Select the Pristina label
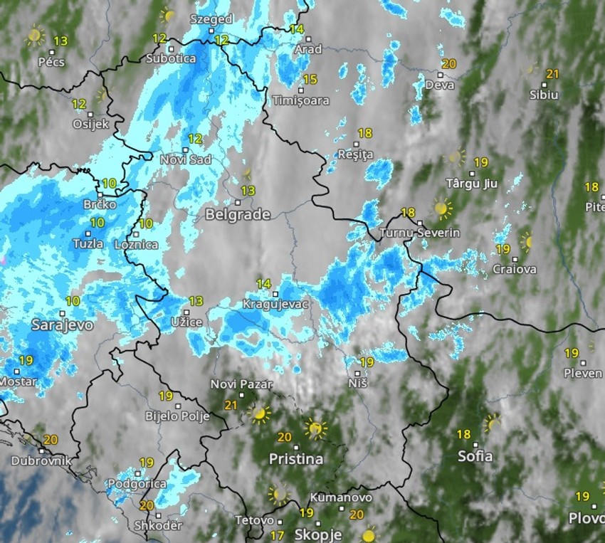296,459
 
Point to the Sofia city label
475,456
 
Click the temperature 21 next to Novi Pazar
231,405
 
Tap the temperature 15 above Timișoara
310,80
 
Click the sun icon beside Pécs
35,35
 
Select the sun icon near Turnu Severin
442,209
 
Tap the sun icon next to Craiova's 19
526,241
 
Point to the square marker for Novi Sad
185,149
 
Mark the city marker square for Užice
186,312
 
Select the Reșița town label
356,154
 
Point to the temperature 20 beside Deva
448,64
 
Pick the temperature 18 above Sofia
463,434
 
